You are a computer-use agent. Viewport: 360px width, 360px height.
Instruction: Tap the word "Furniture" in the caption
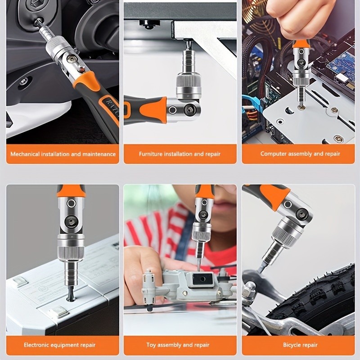150,154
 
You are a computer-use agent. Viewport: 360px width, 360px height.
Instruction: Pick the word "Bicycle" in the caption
291,345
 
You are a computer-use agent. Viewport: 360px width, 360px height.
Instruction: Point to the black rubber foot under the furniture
150,24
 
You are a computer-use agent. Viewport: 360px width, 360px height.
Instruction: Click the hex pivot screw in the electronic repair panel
71,222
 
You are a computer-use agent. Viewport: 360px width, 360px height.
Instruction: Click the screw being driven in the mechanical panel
37,22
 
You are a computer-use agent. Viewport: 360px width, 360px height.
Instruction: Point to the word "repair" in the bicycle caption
310,345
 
